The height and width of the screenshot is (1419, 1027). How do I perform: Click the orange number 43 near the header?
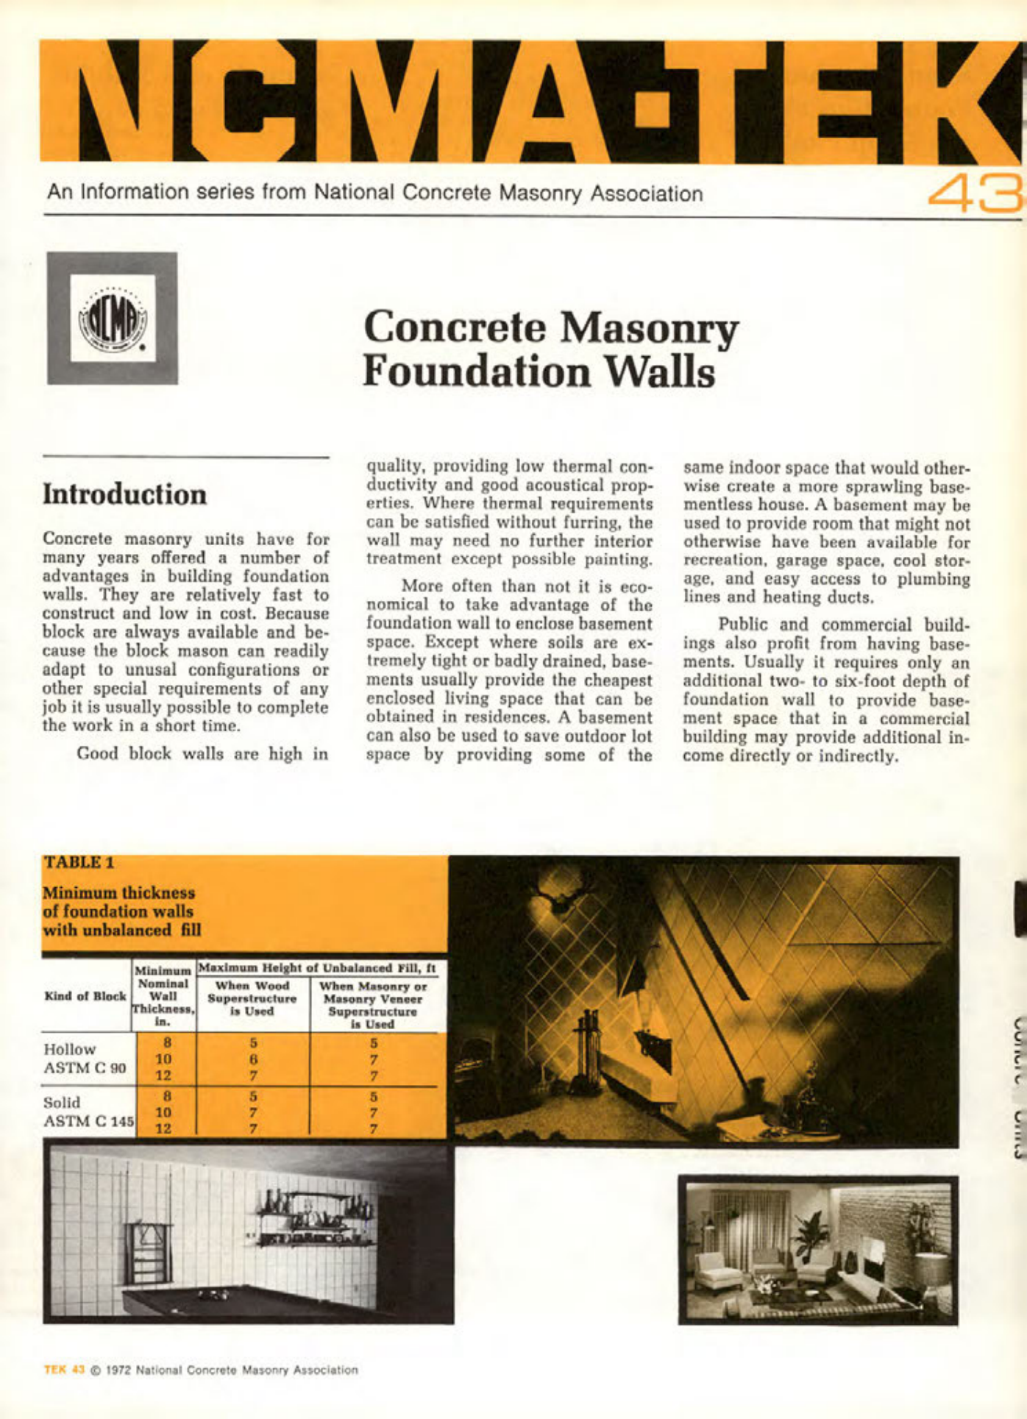(x=974, y=193)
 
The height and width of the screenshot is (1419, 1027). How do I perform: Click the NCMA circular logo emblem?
(x=113, y=318)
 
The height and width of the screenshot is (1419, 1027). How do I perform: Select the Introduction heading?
(x=124, y=494)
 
